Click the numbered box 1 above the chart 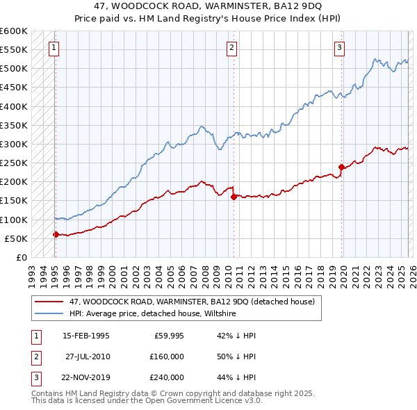tap(54, 48)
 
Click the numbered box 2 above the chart tap(231, 48)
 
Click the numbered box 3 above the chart tap(339, 48)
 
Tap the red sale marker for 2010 tap(234, 197)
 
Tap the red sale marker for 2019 tap(341, 167)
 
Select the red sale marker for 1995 tap(56, 235)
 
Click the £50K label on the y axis tap(17, 238)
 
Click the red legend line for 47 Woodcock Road tap(49, 302)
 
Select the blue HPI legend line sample tap(49, 314)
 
